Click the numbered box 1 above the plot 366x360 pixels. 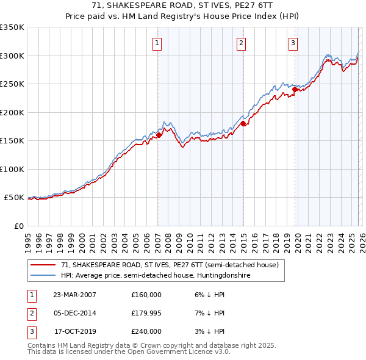point(157,43)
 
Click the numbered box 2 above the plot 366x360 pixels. point(242,43)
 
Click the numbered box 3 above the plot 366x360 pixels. point(293,43)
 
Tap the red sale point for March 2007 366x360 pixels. point(159,135)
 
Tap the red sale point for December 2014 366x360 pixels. point(243,124)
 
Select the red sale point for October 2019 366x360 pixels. point(295,89)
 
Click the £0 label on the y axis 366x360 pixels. point(18,226)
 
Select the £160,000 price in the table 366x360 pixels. point(146,295)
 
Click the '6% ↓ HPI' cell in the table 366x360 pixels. point(208,295)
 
